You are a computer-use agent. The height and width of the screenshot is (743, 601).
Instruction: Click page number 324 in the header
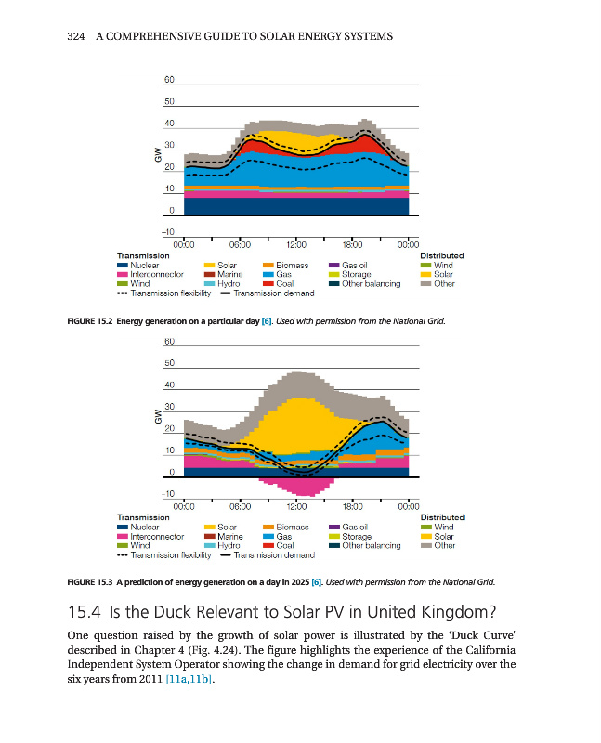coord(78,36)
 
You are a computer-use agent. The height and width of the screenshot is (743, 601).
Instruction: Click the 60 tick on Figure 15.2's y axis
coord(168,81)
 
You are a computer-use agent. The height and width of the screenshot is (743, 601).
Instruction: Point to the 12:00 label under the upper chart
coord(296,242)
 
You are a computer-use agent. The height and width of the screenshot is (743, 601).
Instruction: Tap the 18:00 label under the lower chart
coord(353,506)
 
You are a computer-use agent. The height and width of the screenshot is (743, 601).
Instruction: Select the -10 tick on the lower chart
coord(169,494)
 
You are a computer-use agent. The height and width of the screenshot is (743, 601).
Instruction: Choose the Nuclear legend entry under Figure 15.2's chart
coord(145,266)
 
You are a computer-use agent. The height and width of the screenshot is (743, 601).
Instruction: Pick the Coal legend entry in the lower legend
coord(284,545)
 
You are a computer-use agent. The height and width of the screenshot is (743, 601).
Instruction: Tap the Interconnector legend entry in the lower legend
coord(156,536)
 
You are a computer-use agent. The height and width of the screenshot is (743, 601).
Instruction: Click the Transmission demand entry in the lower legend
coord(273,554)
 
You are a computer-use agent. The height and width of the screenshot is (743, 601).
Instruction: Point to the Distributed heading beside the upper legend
coord(442,255)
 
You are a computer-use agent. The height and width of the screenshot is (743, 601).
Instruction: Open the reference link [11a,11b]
coord(189,681)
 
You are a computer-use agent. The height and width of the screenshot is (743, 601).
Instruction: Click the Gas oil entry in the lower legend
coord(357,527)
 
